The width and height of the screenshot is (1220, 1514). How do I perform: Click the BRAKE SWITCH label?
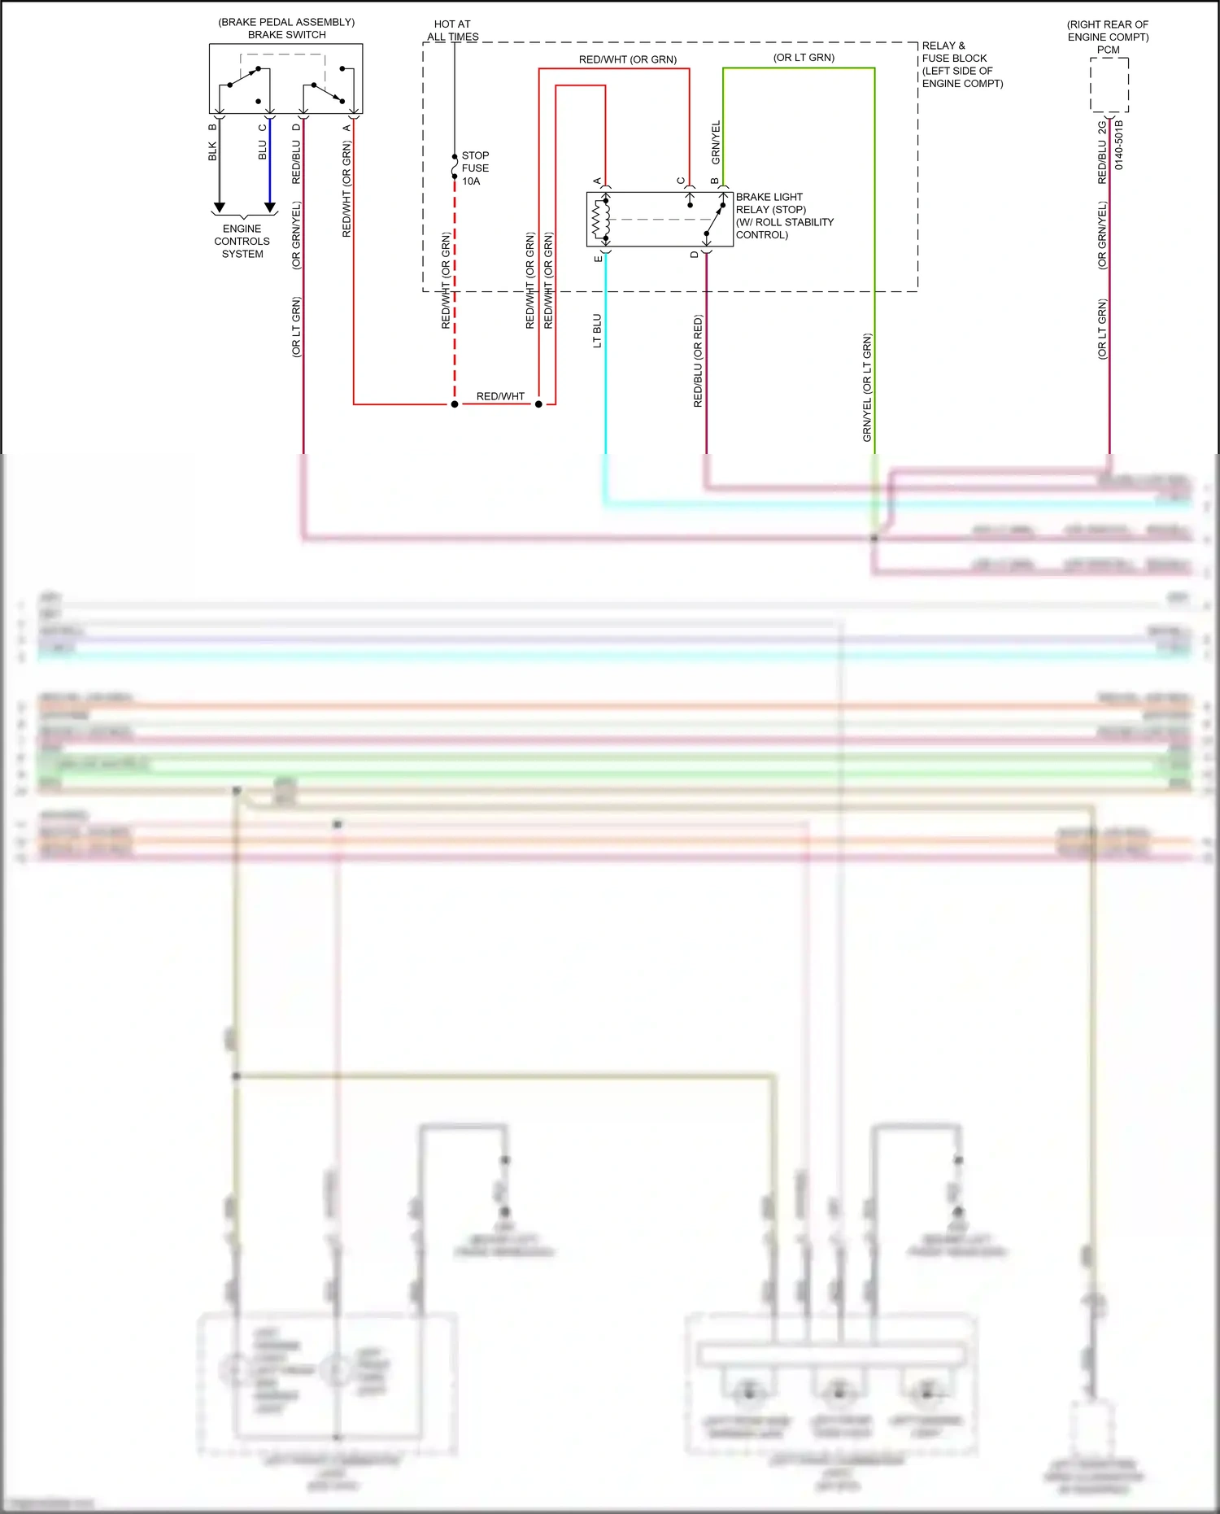pos(286,35)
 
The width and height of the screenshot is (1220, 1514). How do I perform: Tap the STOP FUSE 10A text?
pos(475,168)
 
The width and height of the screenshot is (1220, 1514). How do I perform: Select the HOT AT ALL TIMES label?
pos(452,31)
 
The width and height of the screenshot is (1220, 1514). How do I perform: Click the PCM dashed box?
pos(1109,85)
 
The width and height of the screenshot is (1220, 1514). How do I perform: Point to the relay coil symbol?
pos(600,219)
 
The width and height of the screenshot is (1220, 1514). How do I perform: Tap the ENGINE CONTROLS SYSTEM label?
pos(242,242)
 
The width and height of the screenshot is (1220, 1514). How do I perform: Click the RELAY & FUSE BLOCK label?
pos(961,64)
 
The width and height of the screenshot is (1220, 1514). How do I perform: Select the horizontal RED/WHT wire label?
pos(500,396)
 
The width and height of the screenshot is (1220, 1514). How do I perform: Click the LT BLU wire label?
pos(597,331)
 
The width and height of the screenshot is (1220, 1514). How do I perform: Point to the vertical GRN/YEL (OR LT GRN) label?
pos(867,387)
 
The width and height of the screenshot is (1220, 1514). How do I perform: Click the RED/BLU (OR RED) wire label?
pos(698,361)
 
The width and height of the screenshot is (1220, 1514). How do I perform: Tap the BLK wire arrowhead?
pos(219,207)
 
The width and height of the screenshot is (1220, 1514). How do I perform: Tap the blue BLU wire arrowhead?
pos(270,207)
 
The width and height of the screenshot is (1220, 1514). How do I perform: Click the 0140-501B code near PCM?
pos(1119,145)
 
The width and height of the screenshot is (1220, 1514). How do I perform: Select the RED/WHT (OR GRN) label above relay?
pos(627,59)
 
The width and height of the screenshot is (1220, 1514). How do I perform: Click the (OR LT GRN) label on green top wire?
pos(804,58)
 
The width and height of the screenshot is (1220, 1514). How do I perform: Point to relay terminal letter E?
pos(598,258)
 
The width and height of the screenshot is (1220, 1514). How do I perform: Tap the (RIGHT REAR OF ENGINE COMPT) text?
pos(1108,31)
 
